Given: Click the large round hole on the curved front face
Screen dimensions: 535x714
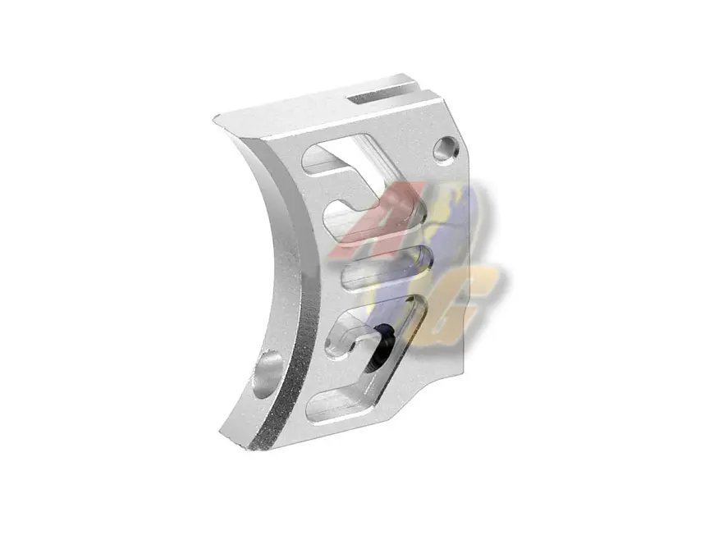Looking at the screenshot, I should pyautogui.click(x=268, y=373).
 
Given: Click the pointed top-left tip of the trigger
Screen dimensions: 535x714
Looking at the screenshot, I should pyautogui.click(x=216, y=121).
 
